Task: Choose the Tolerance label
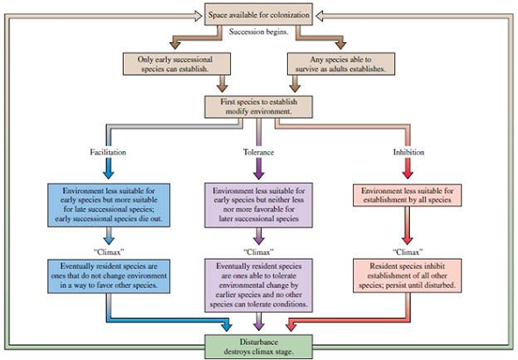(x=258, y=152)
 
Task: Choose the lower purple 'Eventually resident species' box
(x=258, y=284)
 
